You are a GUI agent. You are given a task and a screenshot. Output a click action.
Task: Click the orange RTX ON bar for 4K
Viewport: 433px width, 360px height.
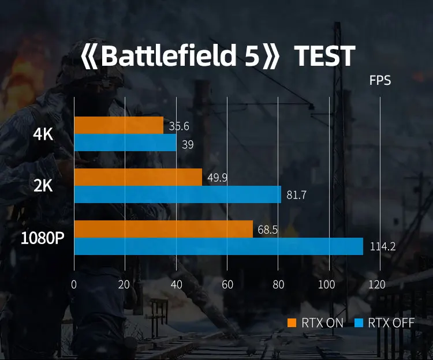119,125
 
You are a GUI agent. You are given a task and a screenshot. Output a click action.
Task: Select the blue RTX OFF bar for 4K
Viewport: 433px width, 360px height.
125,142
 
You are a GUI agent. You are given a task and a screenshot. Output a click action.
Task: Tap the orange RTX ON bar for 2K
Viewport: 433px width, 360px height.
138,177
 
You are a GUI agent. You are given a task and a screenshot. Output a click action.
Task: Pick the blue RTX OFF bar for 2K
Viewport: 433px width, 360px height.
178,194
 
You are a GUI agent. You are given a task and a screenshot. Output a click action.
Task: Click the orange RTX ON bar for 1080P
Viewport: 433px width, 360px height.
163,229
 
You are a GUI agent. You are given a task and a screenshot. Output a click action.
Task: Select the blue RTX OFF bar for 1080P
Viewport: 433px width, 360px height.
219,246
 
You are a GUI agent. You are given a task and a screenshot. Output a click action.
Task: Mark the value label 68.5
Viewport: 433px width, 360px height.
268,230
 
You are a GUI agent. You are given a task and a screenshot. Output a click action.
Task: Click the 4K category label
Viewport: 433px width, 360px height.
43,134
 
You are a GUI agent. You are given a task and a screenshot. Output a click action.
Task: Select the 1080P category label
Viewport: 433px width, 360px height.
42,238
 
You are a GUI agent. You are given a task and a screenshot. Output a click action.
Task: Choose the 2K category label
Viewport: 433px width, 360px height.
43,186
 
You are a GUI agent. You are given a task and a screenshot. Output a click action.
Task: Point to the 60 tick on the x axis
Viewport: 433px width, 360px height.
227,284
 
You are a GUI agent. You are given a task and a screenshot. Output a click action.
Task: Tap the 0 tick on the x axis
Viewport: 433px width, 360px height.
74,284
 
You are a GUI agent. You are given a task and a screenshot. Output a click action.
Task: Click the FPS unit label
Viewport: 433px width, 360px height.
380,81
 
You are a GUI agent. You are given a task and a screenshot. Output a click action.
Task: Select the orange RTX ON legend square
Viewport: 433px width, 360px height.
292,323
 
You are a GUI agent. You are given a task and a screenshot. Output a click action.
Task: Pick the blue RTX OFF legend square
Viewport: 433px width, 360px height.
359,323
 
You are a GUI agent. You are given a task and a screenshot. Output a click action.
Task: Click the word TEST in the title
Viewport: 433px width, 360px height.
324,57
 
